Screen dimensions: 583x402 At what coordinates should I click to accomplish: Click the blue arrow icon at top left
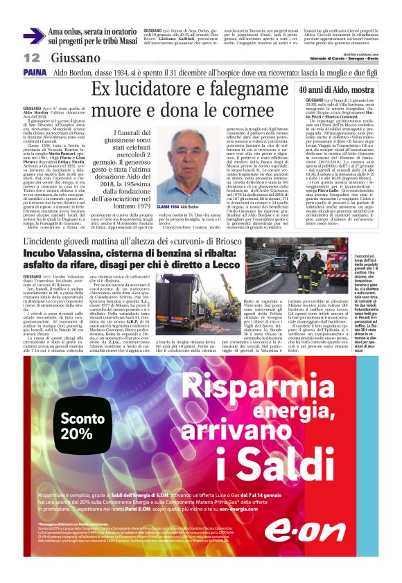pyautogui.click(x=34, y=35)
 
